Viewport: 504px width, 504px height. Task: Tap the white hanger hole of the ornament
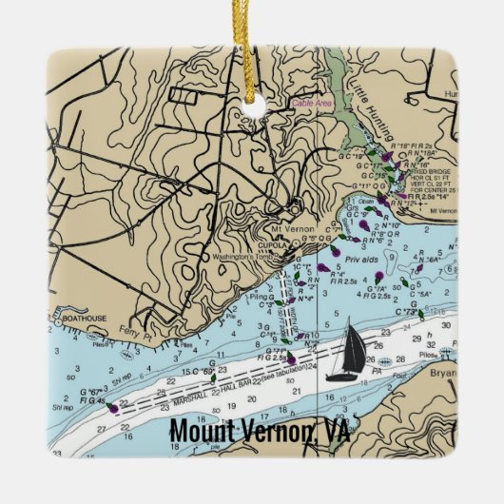click(x=251, y=123)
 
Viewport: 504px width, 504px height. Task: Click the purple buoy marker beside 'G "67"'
click(x=113, y=409)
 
